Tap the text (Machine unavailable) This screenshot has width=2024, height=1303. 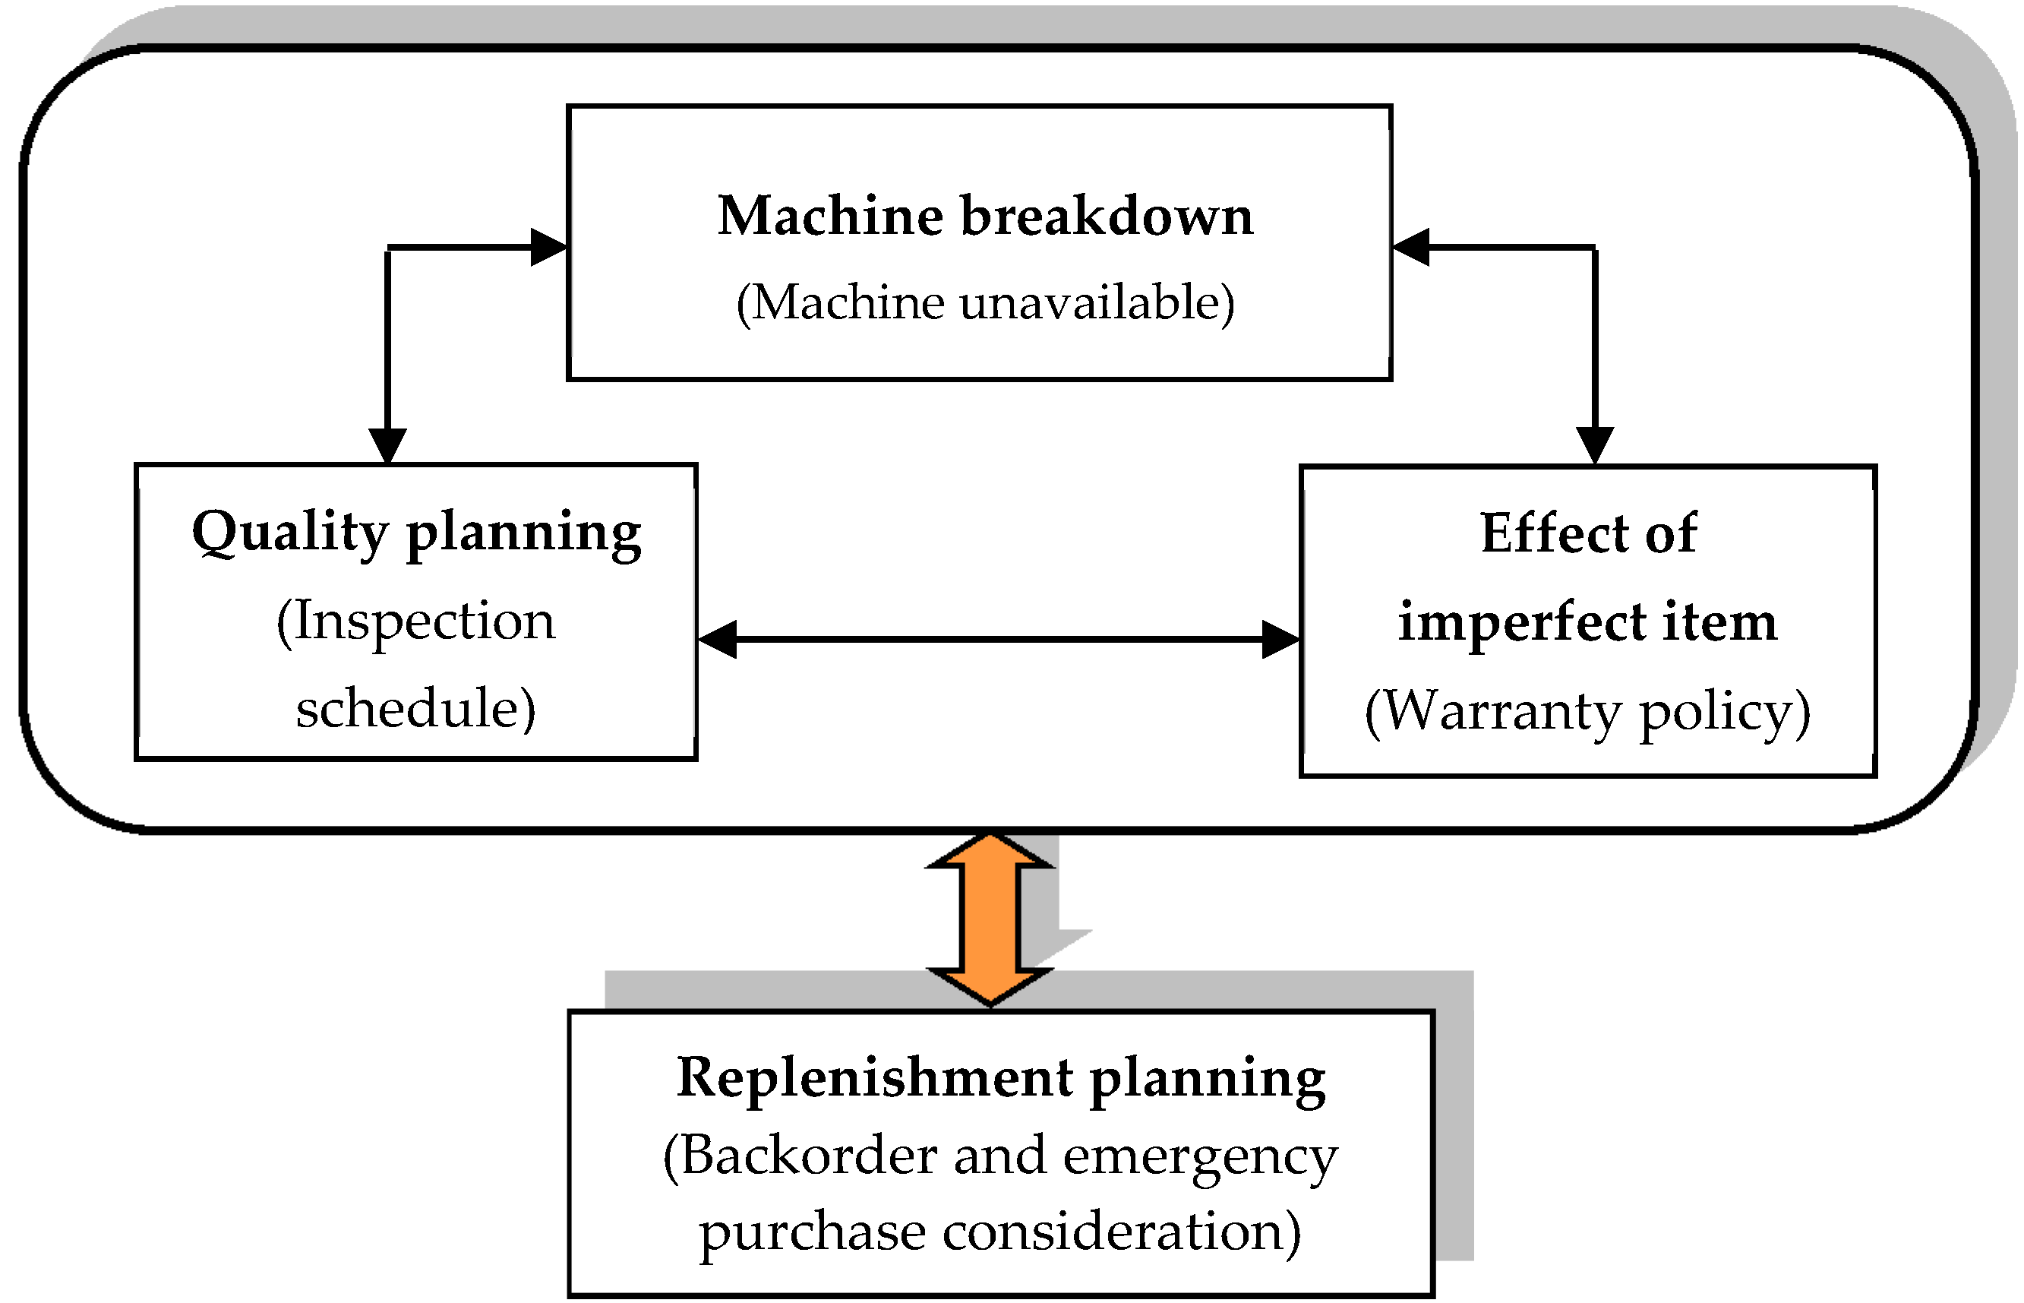[x=984, y=302]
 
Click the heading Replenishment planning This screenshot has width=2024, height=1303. [x=1000, y=1078]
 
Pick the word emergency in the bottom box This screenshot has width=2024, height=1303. [x=1199, y=1156]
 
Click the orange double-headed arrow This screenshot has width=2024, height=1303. [x=990, y=919]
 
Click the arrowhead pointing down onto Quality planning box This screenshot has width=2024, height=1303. [x=387, y=445]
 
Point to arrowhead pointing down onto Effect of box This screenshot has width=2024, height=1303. [x=1594, y=445]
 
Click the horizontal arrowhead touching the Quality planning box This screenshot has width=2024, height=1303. [x=717, y=640]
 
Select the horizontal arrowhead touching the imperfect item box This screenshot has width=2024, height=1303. [x=1280, y=640]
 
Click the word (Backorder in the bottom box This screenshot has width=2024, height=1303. [x=799, y=1156]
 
